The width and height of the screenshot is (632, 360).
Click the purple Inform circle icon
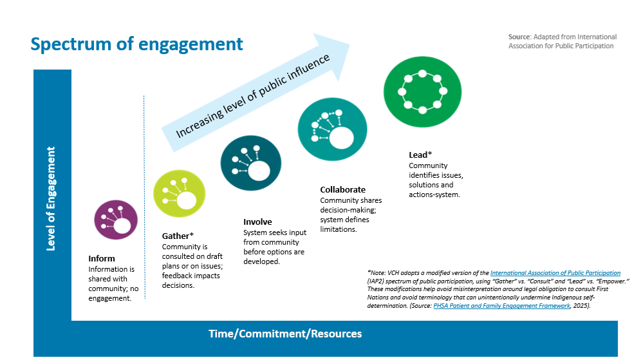[116, 220]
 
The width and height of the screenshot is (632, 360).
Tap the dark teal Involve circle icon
[250, 162]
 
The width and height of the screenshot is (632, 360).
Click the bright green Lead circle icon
[421, 90]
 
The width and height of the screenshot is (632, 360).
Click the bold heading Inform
[102, 258]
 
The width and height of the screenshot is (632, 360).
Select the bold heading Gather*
[178, 236]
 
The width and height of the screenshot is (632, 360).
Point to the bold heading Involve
[257, 222]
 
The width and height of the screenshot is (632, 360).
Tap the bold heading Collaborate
[343, 189]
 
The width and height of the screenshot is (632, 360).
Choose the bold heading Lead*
[420, 155]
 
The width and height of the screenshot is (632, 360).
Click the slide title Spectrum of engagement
[137, 44]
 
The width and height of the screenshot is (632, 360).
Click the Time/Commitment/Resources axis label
[285, 334]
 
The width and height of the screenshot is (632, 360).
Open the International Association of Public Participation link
[555, 273]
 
